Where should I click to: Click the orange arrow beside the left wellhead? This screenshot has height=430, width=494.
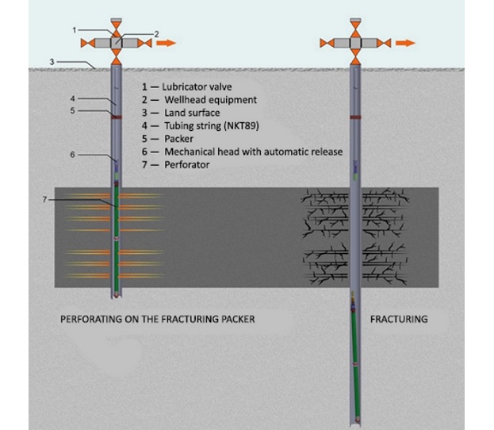167,43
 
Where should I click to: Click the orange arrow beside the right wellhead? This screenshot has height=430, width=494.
404,43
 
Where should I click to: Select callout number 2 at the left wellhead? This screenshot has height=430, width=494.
157,33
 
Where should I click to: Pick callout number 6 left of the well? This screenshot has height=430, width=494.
73,154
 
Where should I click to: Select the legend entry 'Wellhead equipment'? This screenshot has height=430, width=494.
209,99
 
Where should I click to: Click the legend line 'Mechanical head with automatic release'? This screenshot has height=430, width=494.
253,152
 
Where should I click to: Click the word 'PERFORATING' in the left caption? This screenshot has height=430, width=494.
94,320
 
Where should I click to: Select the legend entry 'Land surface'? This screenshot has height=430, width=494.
192,112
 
